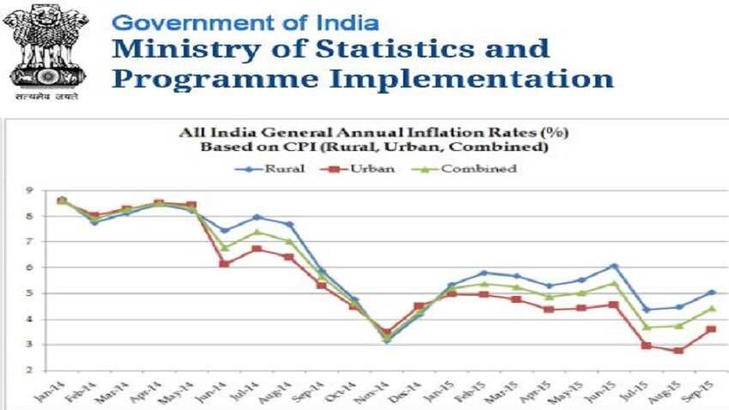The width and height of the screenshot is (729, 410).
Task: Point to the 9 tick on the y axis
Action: coord(29,190)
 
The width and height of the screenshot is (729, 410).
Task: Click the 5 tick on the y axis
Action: coord(29,293)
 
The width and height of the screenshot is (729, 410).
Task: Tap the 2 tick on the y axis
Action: coord(29,371)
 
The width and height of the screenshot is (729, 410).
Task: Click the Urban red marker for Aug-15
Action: coord(678,350)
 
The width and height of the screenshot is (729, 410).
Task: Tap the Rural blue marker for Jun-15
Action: coord(613,267)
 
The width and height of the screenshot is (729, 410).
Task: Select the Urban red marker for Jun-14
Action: coord(224,263)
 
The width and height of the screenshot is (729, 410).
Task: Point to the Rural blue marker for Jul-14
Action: coord(256,217)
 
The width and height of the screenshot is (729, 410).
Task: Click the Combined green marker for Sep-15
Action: coord(710,309)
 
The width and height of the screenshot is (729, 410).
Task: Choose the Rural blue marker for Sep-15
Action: coord(710,292)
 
